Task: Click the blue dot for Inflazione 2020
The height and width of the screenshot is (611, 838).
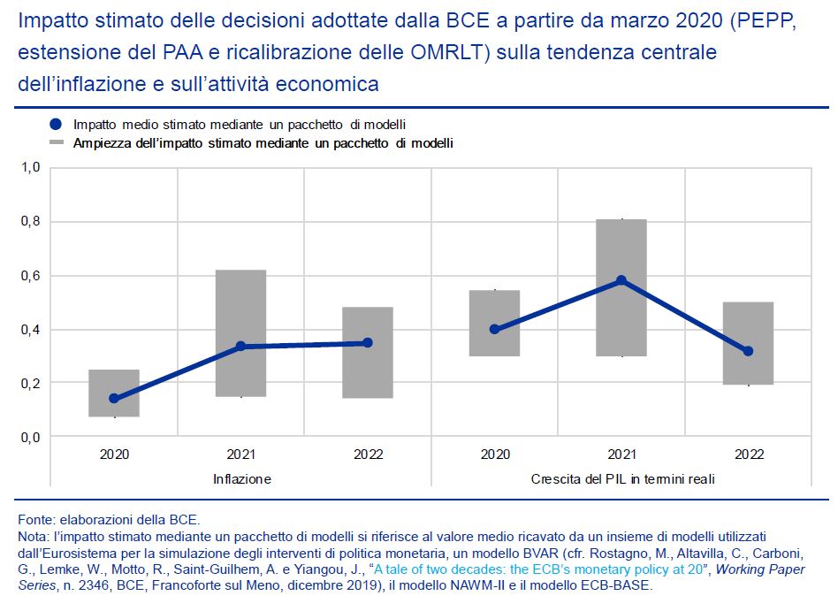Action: point(114,399)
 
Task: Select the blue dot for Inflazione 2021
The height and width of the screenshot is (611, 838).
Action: point(240,347)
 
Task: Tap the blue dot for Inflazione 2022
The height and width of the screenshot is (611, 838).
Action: point(367,342)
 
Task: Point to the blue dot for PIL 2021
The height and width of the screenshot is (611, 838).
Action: point(621,280)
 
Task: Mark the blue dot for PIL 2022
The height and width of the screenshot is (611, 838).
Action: point(748,351)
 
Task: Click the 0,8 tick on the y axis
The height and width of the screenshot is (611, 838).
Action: point(31,222)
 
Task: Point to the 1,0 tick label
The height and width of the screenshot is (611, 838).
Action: point(31,168)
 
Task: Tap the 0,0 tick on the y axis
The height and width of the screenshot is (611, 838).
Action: point(31,438)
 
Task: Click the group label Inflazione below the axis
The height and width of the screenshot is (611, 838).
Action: point(241,479)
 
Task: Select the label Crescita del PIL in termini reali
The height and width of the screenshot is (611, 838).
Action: point(622,479)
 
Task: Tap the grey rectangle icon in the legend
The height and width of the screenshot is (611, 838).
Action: point(57,142)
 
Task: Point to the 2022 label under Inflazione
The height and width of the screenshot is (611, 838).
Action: point(368,454)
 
